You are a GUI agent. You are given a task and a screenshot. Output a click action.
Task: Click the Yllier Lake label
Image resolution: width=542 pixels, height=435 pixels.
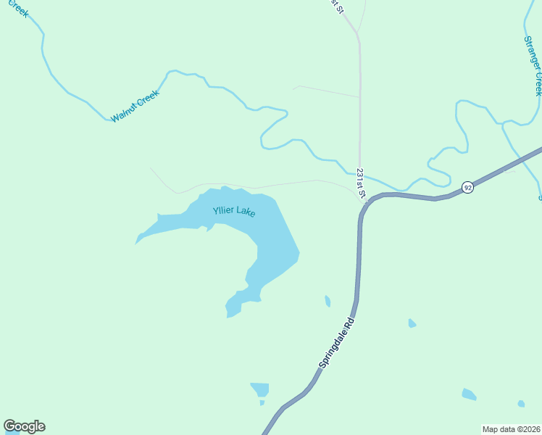(234, 212)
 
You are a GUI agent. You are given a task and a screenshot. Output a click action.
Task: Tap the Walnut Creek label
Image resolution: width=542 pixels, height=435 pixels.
(135, 106)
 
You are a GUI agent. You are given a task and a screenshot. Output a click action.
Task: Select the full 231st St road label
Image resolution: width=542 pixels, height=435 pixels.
(361, 183)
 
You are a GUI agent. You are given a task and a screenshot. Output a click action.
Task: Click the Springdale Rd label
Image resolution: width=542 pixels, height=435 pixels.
(338, 341)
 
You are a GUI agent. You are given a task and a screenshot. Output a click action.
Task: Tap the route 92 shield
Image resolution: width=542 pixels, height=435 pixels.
(468, 187)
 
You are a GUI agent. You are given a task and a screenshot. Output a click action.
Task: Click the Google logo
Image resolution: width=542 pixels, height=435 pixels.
(24, 426)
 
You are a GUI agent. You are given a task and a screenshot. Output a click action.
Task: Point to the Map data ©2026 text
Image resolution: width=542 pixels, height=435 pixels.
(511, 429)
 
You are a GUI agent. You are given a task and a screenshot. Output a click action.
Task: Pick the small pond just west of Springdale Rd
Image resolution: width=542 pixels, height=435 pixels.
(328, 301)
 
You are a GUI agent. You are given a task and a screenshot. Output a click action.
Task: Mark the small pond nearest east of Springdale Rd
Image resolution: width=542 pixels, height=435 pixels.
(412, 323)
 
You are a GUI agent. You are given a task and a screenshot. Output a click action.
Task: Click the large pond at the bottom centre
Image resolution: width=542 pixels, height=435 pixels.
(259, 389)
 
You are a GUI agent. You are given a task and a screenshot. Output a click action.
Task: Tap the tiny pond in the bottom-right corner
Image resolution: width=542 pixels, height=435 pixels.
(521, 403)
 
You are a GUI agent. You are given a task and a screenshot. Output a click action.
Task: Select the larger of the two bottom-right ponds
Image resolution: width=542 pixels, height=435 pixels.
(469, 394)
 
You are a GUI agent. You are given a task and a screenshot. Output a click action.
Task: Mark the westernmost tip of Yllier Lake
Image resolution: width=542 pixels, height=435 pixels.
(136, 243)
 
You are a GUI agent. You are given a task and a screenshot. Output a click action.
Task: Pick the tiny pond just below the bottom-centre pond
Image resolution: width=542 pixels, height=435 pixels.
(262, 402)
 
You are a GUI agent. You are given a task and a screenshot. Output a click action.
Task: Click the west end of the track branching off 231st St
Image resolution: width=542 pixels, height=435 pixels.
(293, 88)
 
